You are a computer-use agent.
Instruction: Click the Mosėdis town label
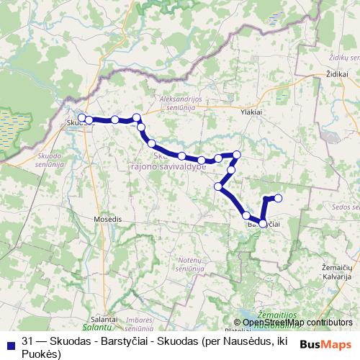pos(107,217)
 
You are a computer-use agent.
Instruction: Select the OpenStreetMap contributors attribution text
pos(293,323)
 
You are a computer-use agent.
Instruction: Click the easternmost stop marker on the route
pos(279,198)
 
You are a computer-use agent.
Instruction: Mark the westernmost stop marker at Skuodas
pos(82,117)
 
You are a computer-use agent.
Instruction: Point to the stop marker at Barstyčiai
pos(263,224)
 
